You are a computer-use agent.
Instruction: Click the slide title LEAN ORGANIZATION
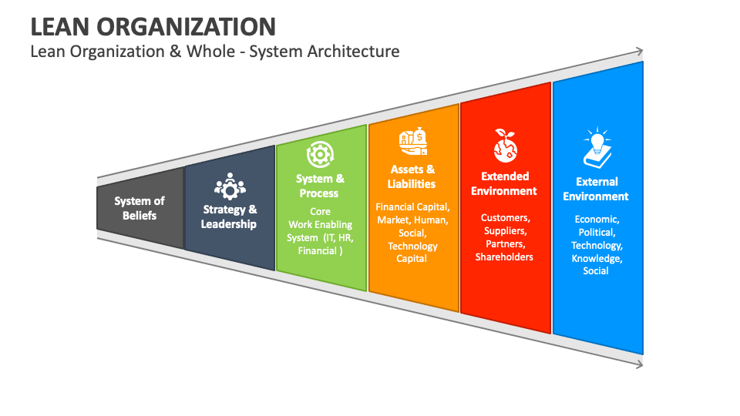pyautogui.click(x=153, y=26)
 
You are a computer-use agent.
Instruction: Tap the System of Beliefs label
pyautogui.click(x=140, y=208)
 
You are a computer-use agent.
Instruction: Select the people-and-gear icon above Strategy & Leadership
pyautogui.click(x=230, y=186)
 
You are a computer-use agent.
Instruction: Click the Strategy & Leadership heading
pyautogui.click(x=229, y=216)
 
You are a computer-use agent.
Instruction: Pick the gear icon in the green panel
pyautogui.click(x=319, y=155)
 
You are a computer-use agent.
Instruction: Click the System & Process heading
pyautogui.click(x=320, y=186)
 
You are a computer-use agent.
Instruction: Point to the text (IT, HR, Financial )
pyautogui.click(x=320, y=244)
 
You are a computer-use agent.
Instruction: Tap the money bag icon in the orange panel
pyautogui.click(x=412, y=142)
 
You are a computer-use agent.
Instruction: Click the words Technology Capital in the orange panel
pyautogui.click(x=412, y=252)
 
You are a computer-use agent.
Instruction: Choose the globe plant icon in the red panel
pyautogui.click(x=505, y=145)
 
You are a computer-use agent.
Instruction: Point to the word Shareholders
pyautogui.click(x=504, y=257)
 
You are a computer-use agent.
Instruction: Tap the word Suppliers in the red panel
pyautogui.click(x=505, y=230)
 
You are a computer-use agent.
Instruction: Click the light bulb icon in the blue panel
pyautogui.click(x=597, y=148)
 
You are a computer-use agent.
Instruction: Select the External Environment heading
pyautogui.click(x=596, y=189)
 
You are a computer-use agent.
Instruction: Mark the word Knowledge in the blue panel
pyautogui.click(x=597, y=258)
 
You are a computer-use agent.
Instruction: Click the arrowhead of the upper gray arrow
pyautogui.click(x=639, y=52)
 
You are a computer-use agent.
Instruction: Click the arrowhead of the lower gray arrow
pyautogui.click(x=639, y=364)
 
